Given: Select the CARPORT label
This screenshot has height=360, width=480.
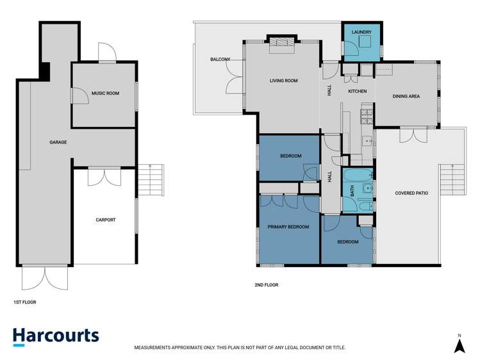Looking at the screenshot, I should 105,220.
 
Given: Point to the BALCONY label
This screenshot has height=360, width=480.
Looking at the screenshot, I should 220,60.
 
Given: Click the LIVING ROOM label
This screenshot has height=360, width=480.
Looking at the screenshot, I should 283,81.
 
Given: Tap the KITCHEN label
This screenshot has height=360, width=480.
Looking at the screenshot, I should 358,92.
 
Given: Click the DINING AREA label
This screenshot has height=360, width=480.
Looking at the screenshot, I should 406,97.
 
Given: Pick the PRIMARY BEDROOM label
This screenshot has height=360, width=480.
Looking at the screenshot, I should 288,227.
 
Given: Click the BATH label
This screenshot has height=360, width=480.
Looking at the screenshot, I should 352,190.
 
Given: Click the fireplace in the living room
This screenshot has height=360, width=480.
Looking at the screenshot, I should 281,42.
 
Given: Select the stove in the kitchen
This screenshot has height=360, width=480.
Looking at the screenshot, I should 367,117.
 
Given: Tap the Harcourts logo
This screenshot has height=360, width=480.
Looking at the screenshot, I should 56,336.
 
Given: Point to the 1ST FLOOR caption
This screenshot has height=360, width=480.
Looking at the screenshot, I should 25,301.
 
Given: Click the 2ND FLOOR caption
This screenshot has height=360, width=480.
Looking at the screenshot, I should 267,285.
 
